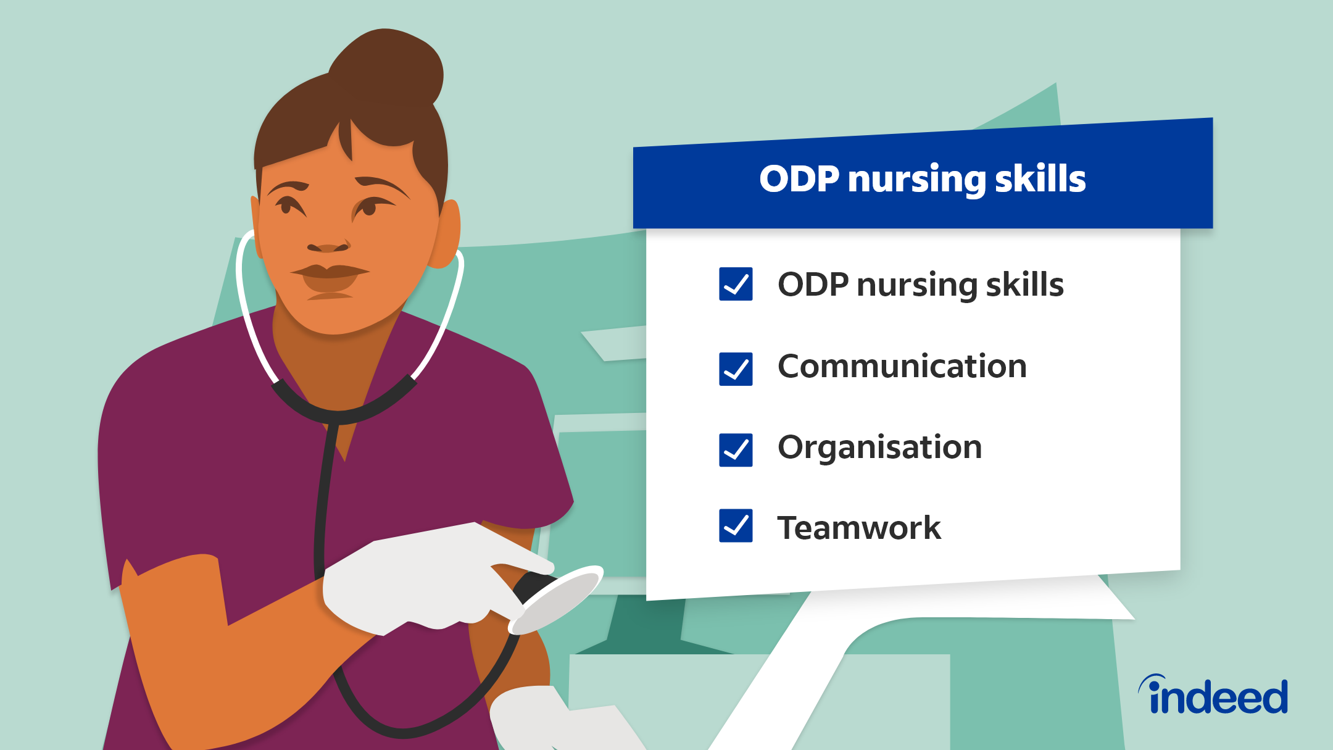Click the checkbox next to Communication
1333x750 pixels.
click(736, 369)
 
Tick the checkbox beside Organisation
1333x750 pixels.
click(736, 450)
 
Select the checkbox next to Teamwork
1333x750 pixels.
click(736, 526)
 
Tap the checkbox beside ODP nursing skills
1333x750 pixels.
click(736, 284)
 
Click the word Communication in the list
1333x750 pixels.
click(902, 367)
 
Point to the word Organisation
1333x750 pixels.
click(879, 448)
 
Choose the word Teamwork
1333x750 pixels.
click(859, 528)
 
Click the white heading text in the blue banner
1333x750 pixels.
click(923, 180)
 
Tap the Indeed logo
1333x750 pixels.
click(1213, 694)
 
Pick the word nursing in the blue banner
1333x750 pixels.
click(917, 181)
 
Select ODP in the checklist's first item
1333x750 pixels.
click(813, 285)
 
